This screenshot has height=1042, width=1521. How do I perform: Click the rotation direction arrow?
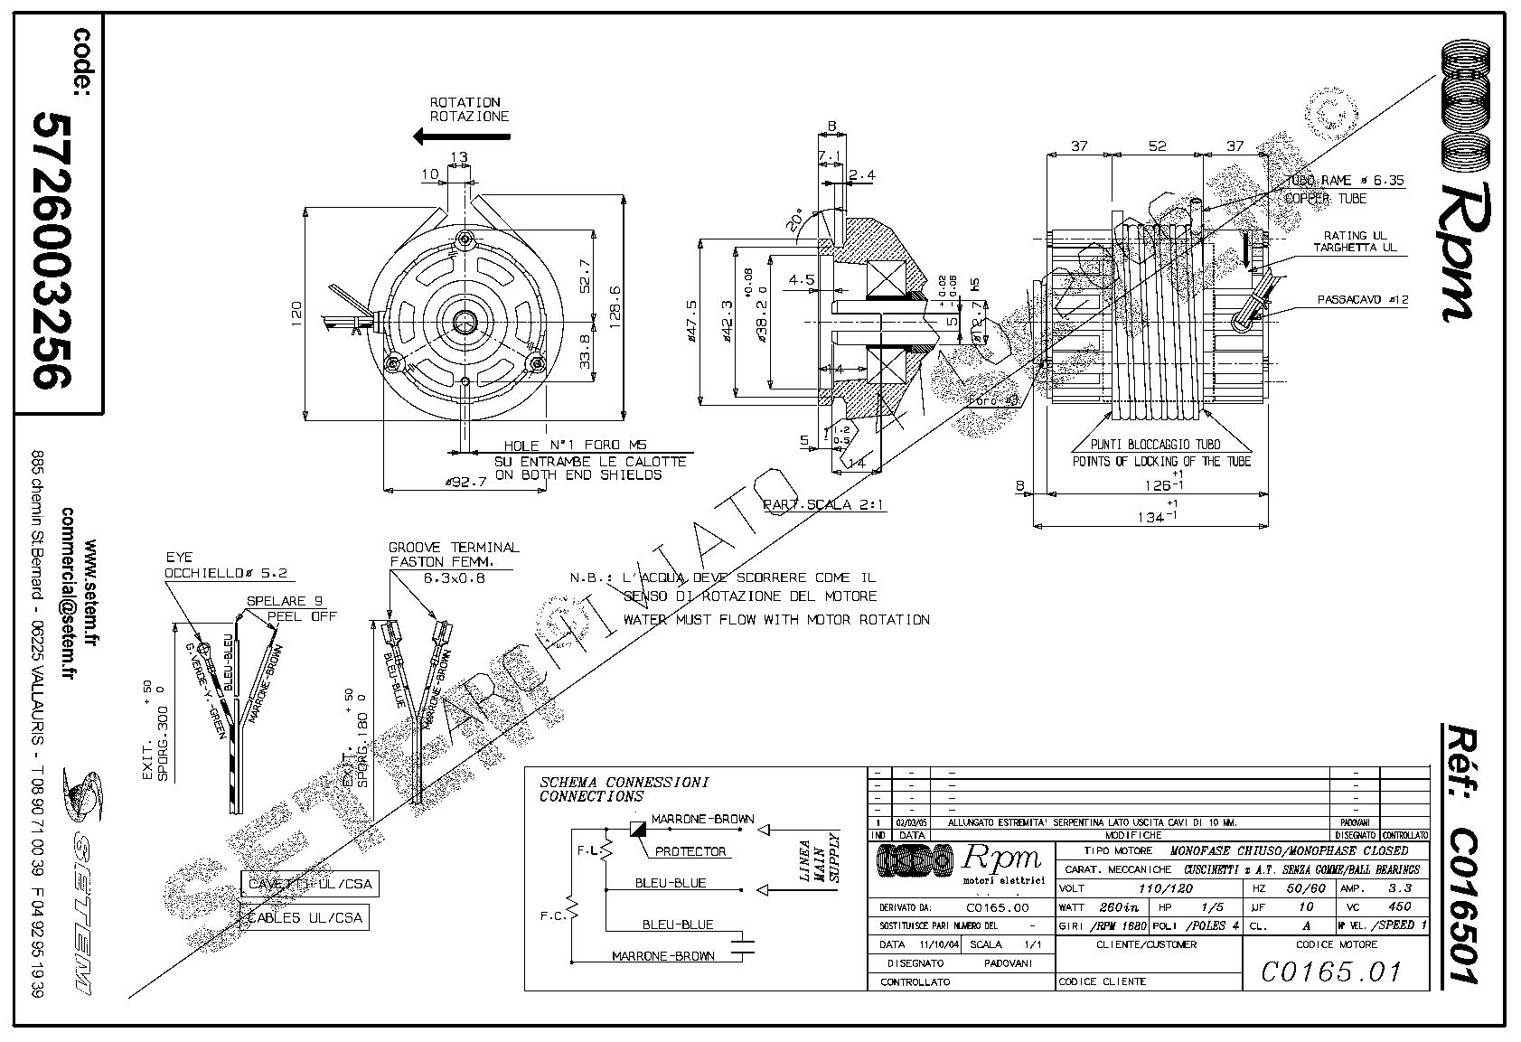click(460, 136)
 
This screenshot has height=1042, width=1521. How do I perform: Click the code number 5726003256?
click(52, 250)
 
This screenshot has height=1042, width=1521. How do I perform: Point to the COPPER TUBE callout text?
click(1326, 199)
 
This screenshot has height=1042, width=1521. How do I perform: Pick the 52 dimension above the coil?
click(1157, 146)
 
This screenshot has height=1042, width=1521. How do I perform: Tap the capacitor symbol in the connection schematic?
click(745, 947)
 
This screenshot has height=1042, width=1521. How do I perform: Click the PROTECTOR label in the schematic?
click(690, 851)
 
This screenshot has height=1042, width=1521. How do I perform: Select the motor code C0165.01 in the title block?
click(1331, 972)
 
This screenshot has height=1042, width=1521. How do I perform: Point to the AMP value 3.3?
click(1399, 888)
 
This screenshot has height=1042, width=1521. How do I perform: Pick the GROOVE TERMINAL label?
click(454, 548)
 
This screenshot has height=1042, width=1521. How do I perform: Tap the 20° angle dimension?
click(797, 221)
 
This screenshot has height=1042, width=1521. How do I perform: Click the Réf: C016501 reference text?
click(1456, 853)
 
